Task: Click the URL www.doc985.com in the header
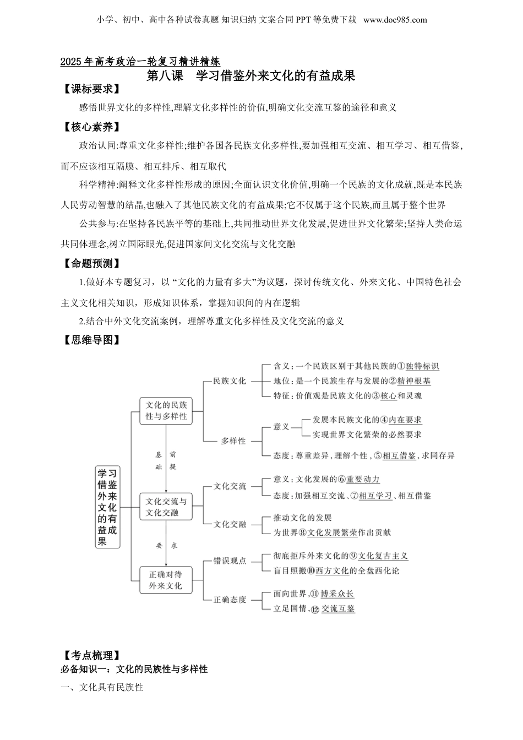[x=395, y=20]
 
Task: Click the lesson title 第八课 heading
[x=250, y=75]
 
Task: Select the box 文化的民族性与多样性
[x=166, y=411]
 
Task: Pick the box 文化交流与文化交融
[x=166, y=507]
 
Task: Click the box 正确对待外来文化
[x=166, y=580]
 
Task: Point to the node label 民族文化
[x=230, y=381]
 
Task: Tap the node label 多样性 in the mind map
[x=233, y=441]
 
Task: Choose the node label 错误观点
[x=230, y=561]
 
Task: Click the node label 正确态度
[x=230, y=600]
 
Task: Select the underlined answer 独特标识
[x=422, y=366]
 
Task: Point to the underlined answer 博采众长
[x=337, y=594]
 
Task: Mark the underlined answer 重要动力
[x=363, y=480]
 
